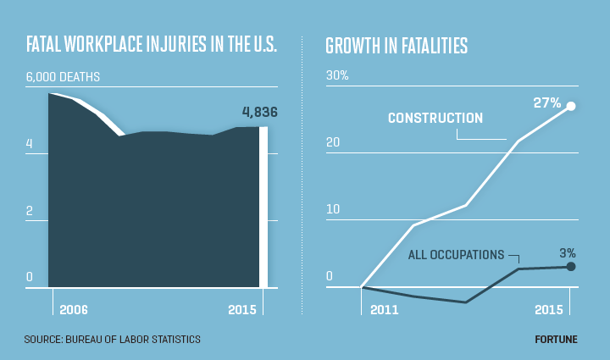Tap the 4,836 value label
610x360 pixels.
tap(259, 112)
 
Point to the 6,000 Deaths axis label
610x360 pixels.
tap(63, 77)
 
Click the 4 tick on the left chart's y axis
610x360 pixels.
tap(30, 144)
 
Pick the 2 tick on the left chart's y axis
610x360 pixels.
tap(30, 210)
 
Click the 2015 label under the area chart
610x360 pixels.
tap(242, 310)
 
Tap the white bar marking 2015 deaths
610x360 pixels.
tap(263, 208)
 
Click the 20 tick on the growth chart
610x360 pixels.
tap(334, 142)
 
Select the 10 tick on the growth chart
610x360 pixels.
tap(333, 209)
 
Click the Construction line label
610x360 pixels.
tap(435, 118)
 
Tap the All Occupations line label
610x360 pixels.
tap(455, 254)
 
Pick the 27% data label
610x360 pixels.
tap(546, 102)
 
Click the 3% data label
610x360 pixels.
tap(567, 252)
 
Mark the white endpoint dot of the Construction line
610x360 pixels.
tap(570, 106)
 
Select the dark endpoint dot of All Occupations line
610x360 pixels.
tap(570, 267)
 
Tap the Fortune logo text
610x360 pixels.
tap(556, 340)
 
